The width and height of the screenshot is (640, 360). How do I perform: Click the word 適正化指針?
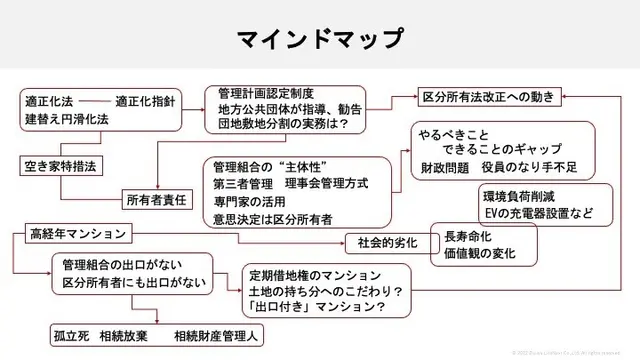[x=147, y=101]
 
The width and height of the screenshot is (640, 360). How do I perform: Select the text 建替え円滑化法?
[x=67, y=119]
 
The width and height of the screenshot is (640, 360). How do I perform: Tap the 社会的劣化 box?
[x=384, y=241]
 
